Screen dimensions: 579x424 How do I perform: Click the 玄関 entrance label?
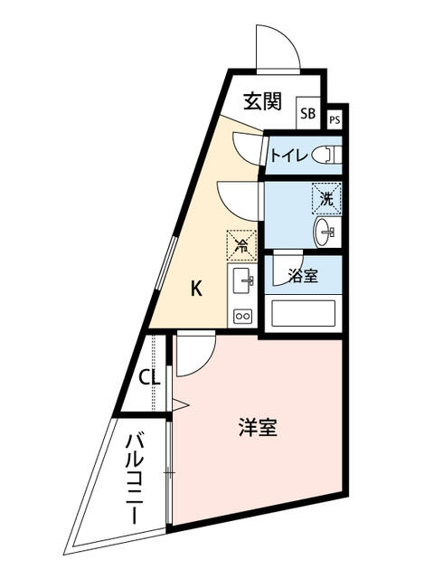tap(262, 101)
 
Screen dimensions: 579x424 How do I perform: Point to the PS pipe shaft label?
tap(334, 119)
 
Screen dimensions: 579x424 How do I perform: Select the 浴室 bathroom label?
tap(303, 277)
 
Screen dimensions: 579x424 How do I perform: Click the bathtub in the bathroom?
tap(304, 313)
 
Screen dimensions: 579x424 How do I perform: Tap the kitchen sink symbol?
tap(243, 282)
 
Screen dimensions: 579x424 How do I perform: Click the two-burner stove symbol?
tap(243, 316)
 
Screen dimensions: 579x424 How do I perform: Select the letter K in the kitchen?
tap(195, 289)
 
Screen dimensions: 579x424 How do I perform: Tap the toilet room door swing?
tap(247, 147)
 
